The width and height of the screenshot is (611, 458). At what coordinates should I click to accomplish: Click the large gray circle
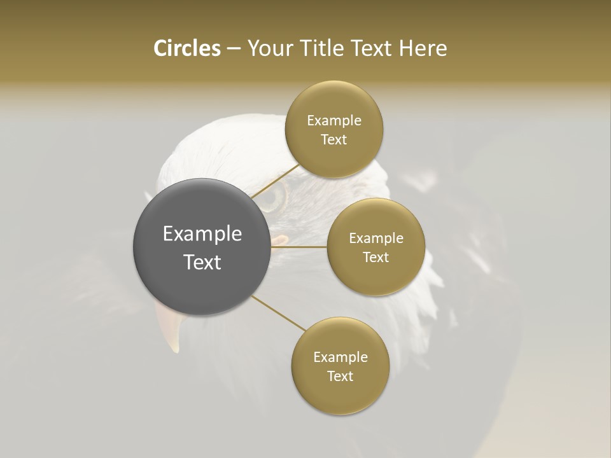202,247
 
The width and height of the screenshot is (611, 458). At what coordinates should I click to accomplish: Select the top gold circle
334,129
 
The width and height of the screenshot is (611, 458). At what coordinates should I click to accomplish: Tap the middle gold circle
376,247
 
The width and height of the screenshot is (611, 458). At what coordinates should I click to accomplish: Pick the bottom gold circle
340,366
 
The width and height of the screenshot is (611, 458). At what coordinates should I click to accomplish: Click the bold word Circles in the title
187,48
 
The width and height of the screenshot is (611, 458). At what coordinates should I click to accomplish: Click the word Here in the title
423,48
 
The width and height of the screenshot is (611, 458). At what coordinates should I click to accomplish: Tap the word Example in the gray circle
202,234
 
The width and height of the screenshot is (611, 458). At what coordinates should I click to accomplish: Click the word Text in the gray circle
202,262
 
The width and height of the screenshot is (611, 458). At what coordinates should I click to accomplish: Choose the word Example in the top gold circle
334,120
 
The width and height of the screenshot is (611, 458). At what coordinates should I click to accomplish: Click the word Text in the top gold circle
334,139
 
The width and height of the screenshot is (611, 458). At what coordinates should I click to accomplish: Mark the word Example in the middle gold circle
376,238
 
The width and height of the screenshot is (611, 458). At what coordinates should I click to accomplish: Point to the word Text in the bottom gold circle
340,376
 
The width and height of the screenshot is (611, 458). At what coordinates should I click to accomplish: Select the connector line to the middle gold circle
299,247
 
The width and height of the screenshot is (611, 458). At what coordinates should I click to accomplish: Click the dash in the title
233,49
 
